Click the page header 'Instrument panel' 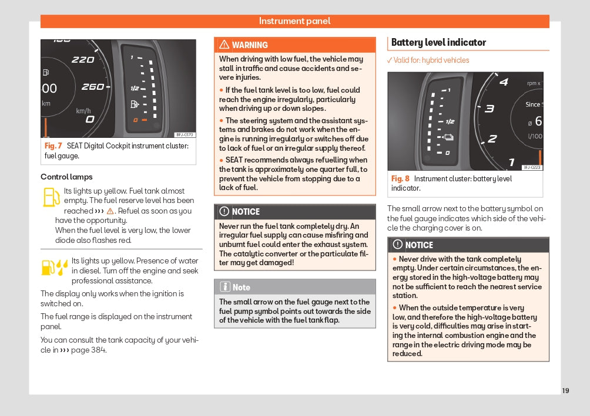[x=294, y=21]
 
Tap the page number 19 [x=565, y=391]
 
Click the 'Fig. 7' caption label [x=53, y=146]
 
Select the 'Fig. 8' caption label [x=400, y=179]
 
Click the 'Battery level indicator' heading [x=438, y=42]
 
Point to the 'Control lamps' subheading [x=66, y=177]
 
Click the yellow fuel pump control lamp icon [x=51, y=197]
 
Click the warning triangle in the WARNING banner [x=224, y=45]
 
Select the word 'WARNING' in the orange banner [x=250, y=45]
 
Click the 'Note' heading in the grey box [x=241, y=288]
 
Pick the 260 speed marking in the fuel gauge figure [x=92, y=87]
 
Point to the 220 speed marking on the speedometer [x=82, y=59]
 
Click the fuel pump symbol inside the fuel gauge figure [x=135, y=104]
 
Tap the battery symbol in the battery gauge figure [x=449, y=138]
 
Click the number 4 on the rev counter [x=504, y=82]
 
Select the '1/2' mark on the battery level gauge [x=450, y=121]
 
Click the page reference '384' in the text [x=98, y=350]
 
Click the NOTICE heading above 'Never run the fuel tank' [x=246, y=212]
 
